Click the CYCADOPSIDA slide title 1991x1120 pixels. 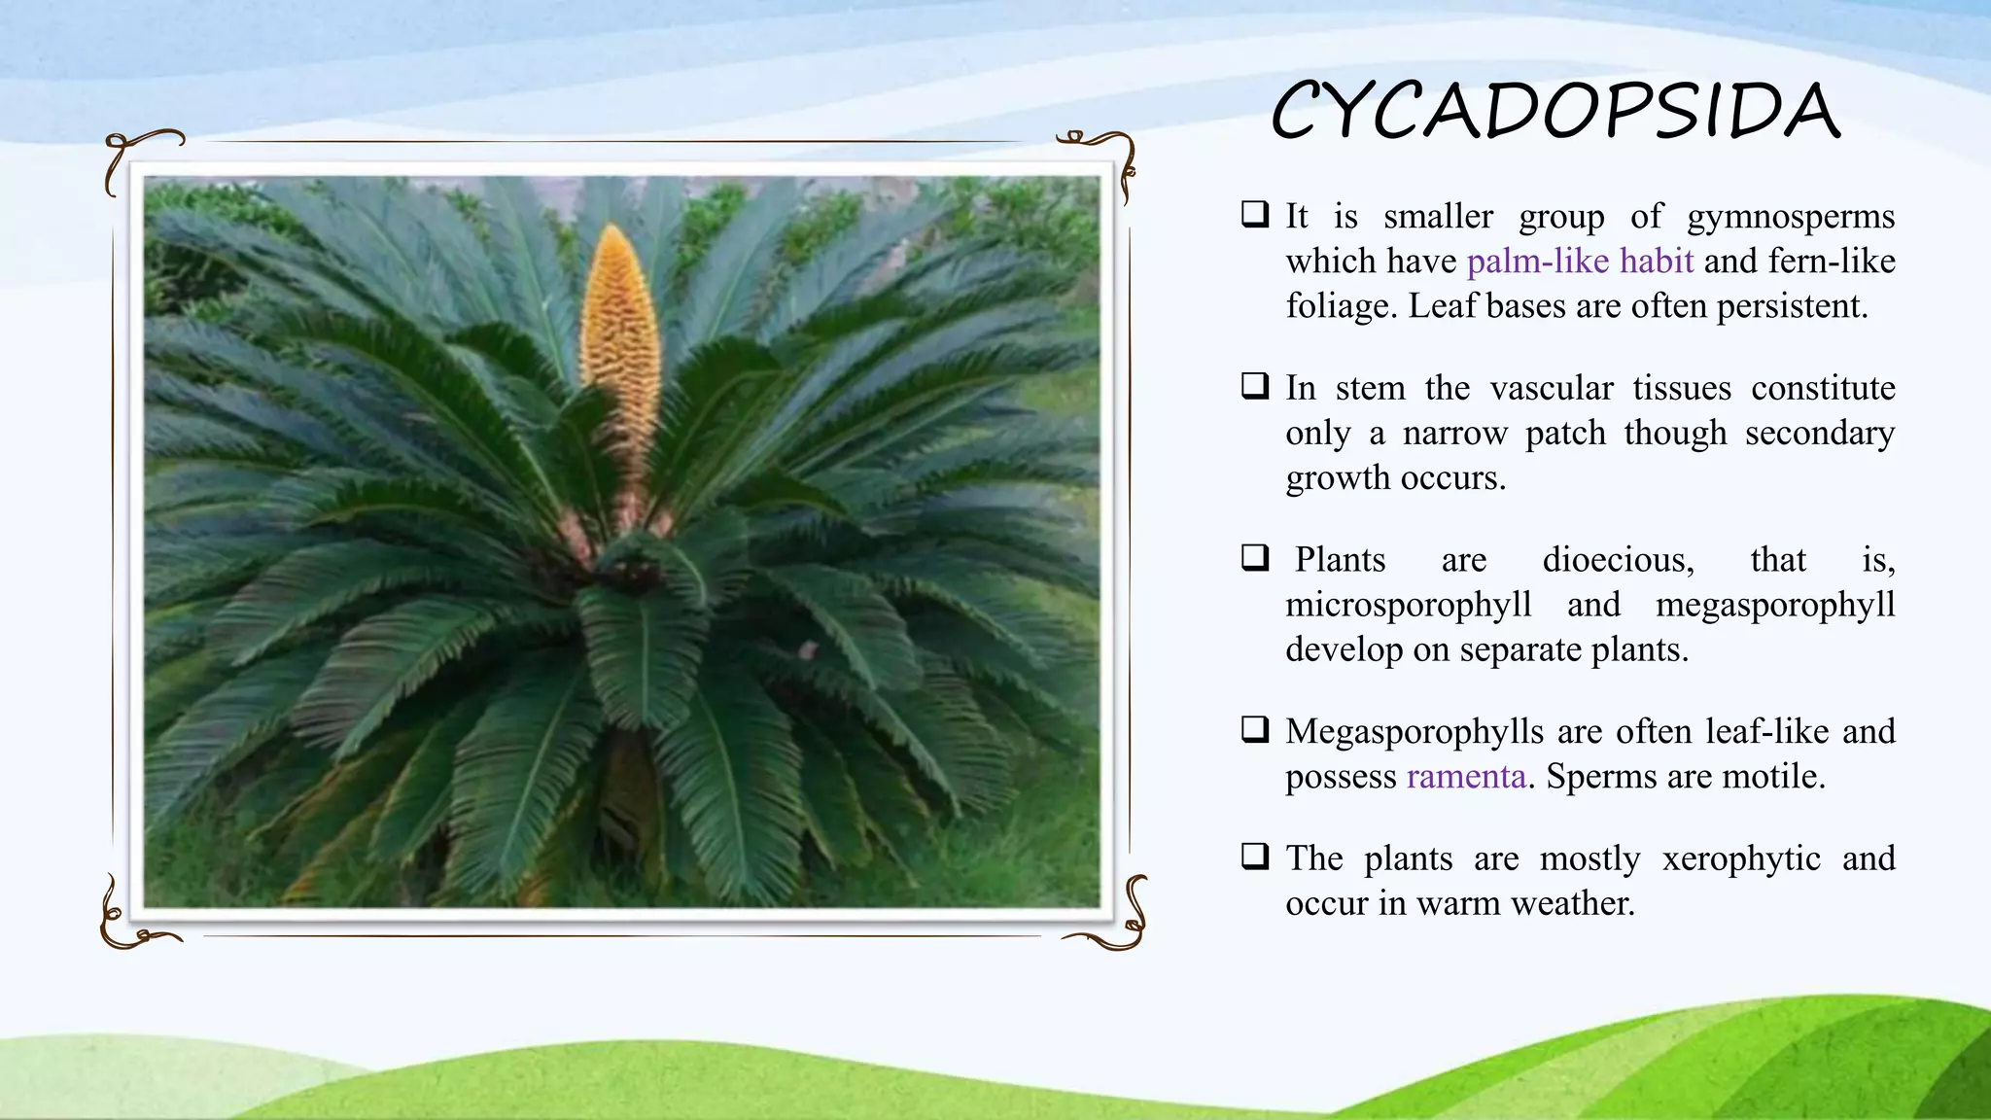[1555, 111]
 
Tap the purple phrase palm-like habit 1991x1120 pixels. [1580, 261]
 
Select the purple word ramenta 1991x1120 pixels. [1465, 776]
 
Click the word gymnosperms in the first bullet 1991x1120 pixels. [1790, 216]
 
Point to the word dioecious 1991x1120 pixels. [1618, 560]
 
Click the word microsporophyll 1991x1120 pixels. [1408, 605]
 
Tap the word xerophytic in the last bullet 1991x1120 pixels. [1740, 858]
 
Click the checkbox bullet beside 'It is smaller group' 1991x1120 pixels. [1255, 214]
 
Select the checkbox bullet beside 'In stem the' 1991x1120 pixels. [1255, 386]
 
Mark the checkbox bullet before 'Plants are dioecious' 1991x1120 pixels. [1255, 558]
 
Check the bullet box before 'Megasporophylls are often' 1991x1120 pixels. [1255, 729]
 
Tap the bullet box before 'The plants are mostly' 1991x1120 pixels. [1255, 857]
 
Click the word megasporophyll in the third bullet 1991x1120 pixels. [1774, 605]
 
